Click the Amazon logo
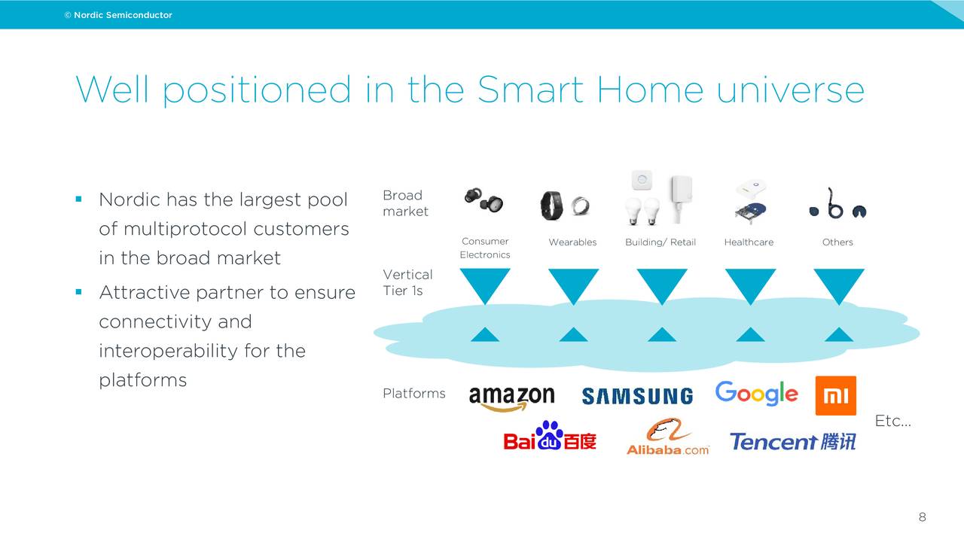coord(511,398)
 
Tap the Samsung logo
coord(637,396)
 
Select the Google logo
coord(756,393)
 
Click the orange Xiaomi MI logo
coord(835,396)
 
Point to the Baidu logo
coord(550,437)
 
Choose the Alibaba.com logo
coord(667,437)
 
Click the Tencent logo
coord(792,441)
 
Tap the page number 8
coord(922,517)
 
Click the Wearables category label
coord(572,242)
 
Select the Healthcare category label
coord(749,242)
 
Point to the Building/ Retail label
coord(660,242)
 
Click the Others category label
coord(837,242)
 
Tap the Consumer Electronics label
coord(485,248)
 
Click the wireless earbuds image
coord(484,200)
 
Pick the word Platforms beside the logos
coord(413,394)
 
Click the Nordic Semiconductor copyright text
coord(118,15)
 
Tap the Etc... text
coord(892,422)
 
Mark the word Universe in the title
coord(790,90)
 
